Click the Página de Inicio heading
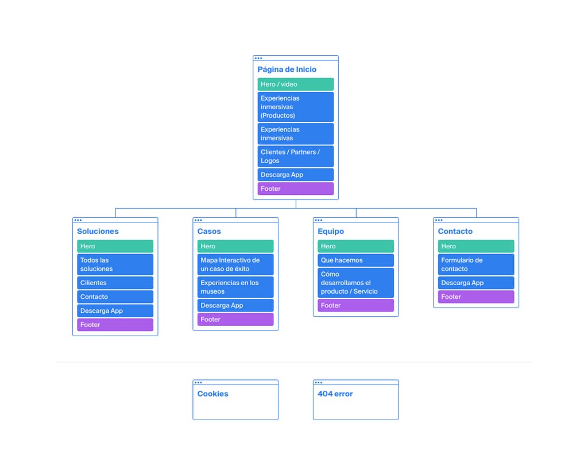click(x=287, y=70)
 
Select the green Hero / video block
click(x=296, y=84)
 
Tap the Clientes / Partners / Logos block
click(x=296, y=156)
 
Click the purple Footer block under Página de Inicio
click(x=296, y=189)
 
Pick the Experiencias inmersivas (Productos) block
click(x=296, y=107)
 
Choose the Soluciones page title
click(x=98, y=232)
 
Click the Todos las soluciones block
click(x=115, y=264)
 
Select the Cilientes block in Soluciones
click(x=115, y=283)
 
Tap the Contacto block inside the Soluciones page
click(x=115, y=297)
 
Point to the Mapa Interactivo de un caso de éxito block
click(x=235, y=264)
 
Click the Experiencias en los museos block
click(x=235, y=287)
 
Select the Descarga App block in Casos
click(x=235, y=305)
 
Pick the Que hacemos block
click(x=356, y=260)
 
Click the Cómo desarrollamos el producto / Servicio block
click(x=356, y=283)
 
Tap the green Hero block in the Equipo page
click(x=356, y=246)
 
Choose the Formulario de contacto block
click(x=476, y=264)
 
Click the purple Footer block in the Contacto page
click(x=476, y=297)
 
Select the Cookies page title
click(x=212, y=394)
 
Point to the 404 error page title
click(x=335, y=394)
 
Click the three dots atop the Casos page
click(x=198, y=220)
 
